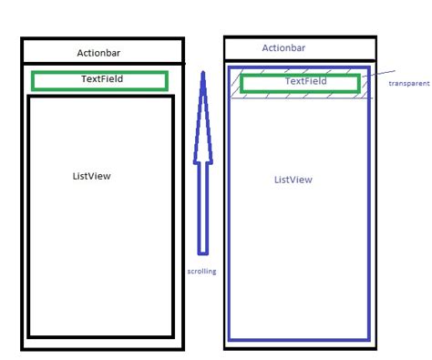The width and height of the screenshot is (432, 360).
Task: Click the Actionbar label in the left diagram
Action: [x=101, y=52]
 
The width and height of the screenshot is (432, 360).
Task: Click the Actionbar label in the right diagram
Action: [x=283, y=48]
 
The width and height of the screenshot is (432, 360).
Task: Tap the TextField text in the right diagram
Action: [x=306, y=81]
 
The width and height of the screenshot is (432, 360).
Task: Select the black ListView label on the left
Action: [x=91, y=176]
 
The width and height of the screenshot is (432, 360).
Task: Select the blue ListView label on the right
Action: [x=293, y=180]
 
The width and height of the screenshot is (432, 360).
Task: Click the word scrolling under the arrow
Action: [x=201, y=272]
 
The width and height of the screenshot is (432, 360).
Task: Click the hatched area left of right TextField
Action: [x=235, y=84]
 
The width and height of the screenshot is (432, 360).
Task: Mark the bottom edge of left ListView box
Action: [x=100, y=336]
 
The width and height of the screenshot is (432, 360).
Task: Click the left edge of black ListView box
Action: [x=29, y=219]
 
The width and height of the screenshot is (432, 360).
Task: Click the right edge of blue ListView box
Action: [x=368, y=219]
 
